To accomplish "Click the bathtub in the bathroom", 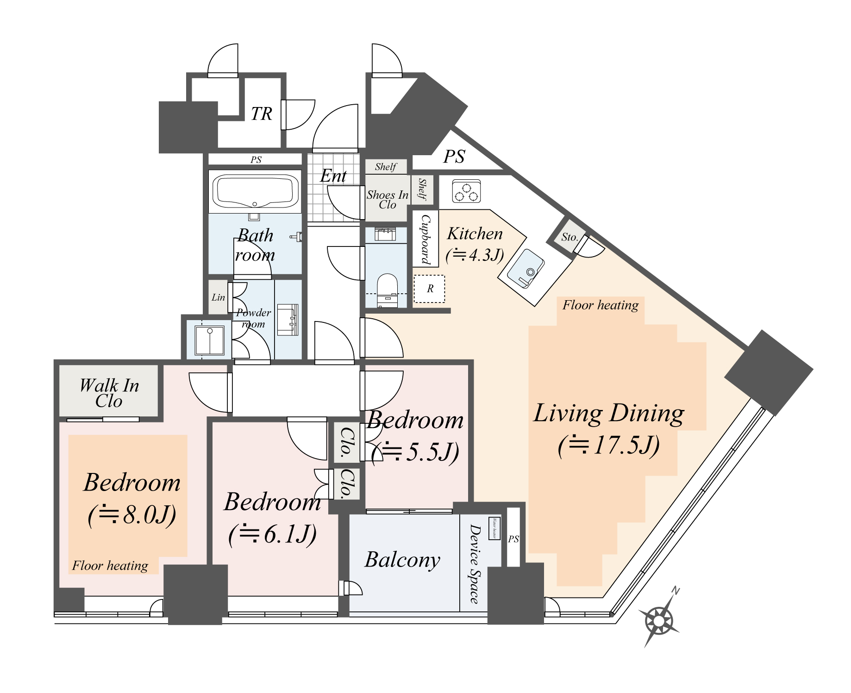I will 255,191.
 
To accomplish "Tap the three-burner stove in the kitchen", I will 466,191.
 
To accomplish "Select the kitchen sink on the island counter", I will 526,269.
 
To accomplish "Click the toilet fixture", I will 387,290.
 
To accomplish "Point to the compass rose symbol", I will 659,620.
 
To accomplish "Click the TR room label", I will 262,114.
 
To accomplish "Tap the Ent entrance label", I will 333,176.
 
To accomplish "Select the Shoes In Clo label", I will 388,200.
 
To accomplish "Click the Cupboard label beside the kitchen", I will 425,239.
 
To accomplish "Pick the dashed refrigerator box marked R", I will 429,289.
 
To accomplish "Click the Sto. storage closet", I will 569,237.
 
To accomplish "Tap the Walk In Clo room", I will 109,392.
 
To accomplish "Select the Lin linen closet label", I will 218,297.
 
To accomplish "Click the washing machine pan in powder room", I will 209,340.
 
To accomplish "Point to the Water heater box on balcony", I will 494,529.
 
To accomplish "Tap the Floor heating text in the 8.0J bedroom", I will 110,566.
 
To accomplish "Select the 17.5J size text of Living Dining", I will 608,445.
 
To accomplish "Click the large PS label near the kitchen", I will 454,157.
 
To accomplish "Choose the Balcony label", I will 402,560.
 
